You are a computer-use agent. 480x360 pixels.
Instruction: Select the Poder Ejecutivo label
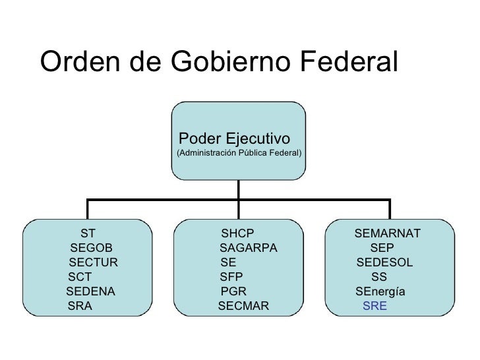click(234, 139)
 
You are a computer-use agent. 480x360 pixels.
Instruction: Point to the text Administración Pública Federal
click(239, 154)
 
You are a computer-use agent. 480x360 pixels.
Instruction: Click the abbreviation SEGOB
click(91, 248)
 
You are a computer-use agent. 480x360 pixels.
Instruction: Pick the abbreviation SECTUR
click(93, 262)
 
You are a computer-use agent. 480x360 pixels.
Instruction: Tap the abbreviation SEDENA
click(91, 291)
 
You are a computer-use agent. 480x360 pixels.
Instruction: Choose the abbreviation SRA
click(80, 306)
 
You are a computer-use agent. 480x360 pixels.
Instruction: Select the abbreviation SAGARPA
click(249, 248)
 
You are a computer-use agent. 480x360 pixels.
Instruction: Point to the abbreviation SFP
click(231, 277)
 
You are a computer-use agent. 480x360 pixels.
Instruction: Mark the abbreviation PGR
click(233, 291)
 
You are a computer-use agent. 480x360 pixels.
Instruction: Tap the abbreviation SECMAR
click(243, 306)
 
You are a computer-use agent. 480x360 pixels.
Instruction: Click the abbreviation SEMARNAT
click(388, 233)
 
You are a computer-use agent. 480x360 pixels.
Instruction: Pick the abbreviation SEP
click(382, 248)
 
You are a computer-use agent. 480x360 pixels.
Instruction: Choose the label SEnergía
click(380, 291)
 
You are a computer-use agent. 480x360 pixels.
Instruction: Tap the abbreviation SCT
click(79, 277)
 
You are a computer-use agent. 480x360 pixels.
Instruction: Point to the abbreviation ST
click(88, 233)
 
